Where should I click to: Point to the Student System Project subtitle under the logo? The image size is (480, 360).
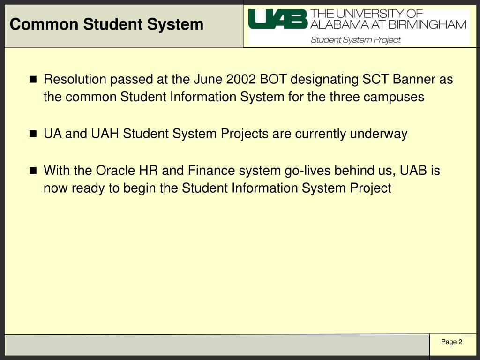click(356, 40)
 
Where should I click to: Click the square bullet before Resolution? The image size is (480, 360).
click(33, 80)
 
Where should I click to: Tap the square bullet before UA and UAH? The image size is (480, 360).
click(33, 134)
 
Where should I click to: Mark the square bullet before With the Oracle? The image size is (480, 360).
click(33, 171)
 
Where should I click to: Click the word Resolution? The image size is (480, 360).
click(75, 80)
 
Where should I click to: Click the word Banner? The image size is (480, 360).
click(414, 80)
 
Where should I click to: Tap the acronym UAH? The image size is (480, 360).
click(105, 134)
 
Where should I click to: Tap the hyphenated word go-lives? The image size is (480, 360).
click(307, 171)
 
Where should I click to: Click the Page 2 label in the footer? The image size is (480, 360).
click(451, 342)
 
